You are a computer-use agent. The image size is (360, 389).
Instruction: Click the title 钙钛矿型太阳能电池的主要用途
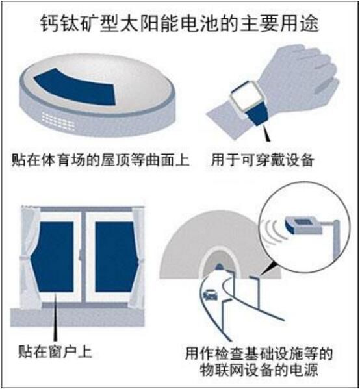(x=179, y=24)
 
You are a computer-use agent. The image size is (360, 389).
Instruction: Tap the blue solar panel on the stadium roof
(x=77, y=87)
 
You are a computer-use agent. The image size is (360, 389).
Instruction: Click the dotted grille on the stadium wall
(x=58, y=121)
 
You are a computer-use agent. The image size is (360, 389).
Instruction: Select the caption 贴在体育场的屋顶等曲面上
(x=101, y=159)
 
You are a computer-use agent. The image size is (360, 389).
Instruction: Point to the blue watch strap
(x=258, y=116)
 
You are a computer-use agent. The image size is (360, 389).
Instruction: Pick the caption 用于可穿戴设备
(x=263, y=159)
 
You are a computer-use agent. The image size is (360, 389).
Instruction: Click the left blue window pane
(x=53, y=257)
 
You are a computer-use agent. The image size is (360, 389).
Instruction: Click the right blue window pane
(x=116, y=257)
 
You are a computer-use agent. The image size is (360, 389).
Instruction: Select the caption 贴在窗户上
(x=55, y=351)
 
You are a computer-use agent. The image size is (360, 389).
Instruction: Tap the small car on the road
(x=211, y=295)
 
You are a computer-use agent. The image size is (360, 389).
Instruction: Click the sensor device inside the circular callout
(x=303, y=225)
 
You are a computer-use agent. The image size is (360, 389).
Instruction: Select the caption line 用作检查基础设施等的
(x=259, y=353)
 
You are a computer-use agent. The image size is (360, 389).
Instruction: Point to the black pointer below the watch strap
(x=266, y=133)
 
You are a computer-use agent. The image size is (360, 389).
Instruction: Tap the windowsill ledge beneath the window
(x=77, y=318)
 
